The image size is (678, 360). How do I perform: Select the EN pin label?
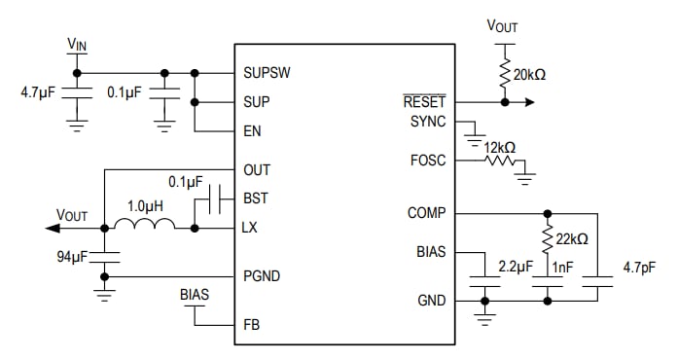pos(253,130)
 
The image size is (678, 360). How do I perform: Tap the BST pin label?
pos(256,198)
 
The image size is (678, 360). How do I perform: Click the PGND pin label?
pos(262,276)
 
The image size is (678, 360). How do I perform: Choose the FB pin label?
pos(252,324)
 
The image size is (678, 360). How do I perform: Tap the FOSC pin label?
pos(428,160)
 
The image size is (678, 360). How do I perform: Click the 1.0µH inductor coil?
pos(145,225)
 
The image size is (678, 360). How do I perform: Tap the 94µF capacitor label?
pos(73,258)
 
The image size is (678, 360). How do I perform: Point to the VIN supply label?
pos(78,44)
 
